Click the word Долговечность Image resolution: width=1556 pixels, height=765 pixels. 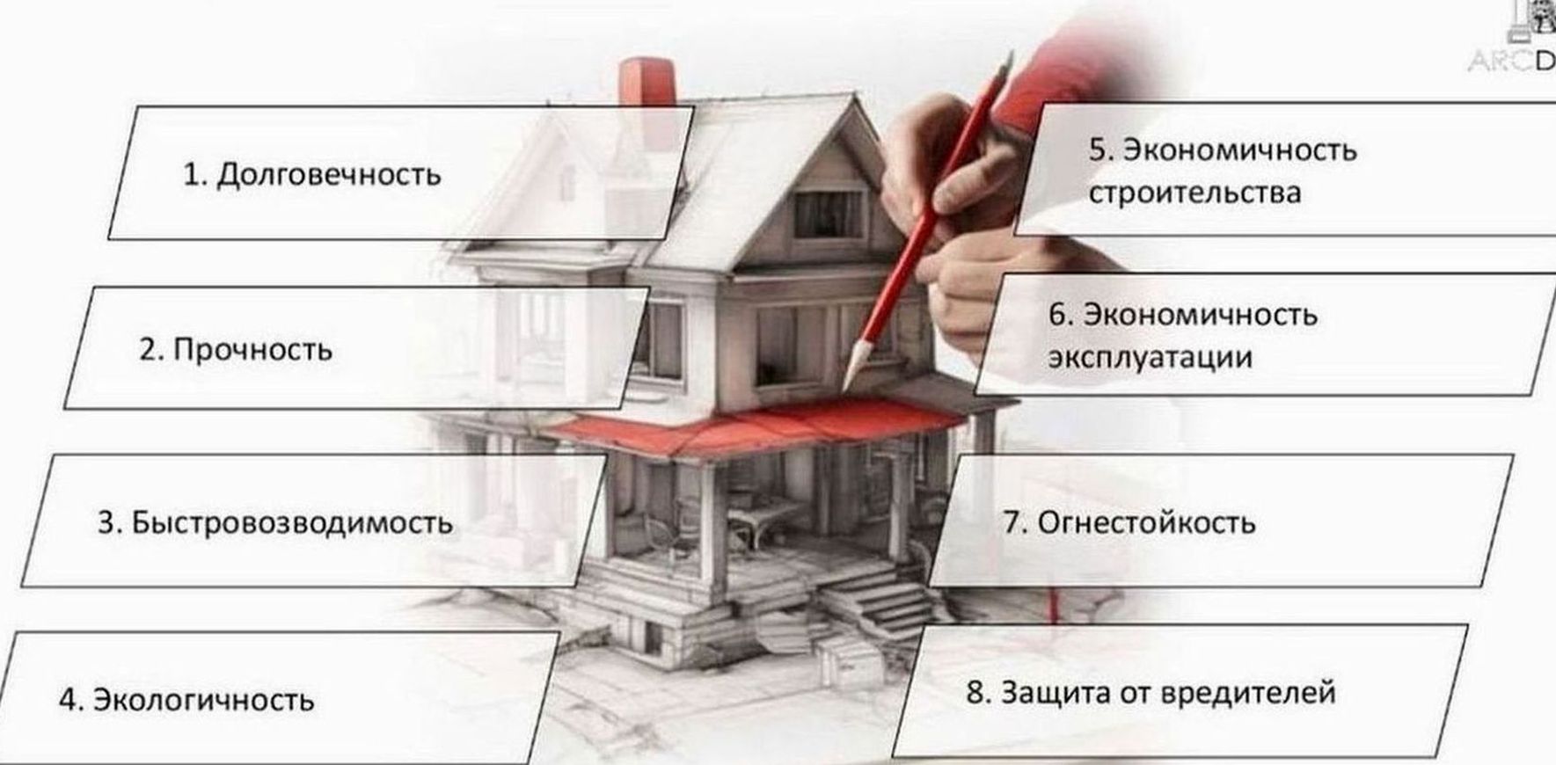coord(328,175)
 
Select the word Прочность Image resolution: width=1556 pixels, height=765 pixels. coord(252,350)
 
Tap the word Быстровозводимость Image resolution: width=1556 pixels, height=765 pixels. coord(292,523)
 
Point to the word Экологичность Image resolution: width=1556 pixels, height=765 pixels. coord(203,700)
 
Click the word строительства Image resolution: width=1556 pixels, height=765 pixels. coord(1194,193)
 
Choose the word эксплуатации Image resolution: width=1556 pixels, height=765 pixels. coord(1150,358)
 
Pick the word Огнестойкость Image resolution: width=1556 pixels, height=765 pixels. coord(1146,523)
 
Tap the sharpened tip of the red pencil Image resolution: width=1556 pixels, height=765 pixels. coord(848,385)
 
